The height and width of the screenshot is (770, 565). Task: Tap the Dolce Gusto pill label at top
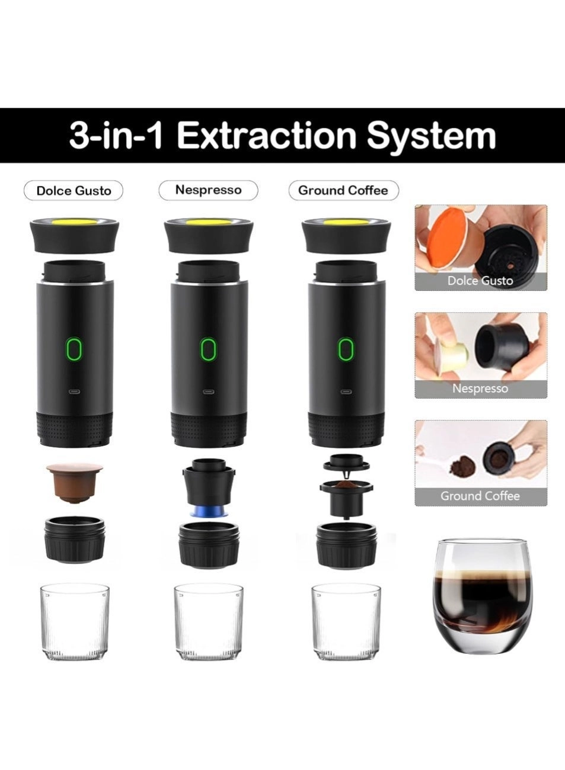(74, 191)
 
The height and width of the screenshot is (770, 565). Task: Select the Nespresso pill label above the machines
(208, 190)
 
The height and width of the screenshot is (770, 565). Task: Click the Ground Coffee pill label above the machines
(343, 190)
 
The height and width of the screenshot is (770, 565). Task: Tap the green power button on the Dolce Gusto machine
(74, 349)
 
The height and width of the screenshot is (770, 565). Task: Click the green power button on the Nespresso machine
(207, 349)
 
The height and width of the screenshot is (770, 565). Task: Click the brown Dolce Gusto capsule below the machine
(75, 482)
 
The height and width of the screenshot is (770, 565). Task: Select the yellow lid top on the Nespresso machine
(208, 222)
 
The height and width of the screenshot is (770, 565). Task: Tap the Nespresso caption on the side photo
(480, 389)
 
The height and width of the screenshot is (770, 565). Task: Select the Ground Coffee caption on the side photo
(480, 496)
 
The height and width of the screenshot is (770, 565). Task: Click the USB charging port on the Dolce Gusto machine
(74, 392)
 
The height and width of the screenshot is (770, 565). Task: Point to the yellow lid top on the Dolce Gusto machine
(74, 222)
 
